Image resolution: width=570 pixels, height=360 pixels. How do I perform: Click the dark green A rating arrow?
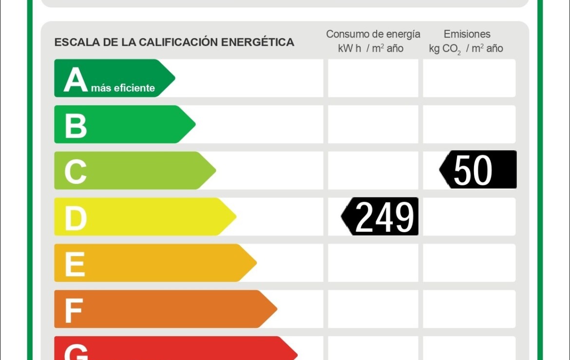(x=112, y=78)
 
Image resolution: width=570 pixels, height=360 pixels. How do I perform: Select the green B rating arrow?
(x=122, y=124)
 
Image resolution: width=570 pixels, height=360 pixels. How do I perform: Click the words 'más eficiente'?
(x=123, y=88)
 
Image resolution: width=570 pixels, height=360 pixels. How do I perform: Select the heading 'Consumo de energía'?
(x=373, y=34)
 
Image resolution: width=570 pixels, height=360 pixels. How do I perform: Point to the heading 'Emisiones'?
(x=467, y=34)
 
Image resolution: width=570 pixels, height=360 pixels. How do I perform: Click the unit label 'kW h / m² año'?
(x=371, y=48)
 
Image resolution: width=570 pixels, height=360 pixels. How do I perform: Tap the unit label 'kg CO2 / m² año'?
(x=466, y=49)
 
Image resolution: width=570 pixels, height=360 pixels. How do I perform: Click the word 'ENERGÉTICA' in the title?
(x=258, y=42)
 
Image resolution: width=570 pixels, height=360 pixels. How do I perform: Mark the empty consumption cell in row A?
(x=373, y=78)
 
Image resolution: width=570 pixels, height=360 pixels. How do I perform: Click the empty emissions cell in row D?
(x=469, y=217)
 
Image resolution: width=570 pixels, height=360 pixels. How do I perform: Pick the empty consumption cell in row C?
(x=373, y=170)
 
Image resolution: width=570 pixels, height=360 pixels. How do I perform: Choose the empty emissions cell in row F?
(x=469, y=309)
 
